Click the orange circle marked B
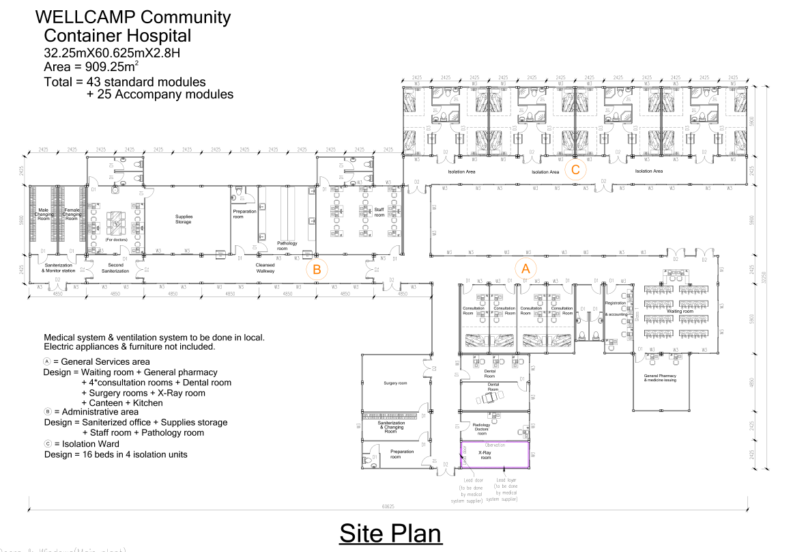pos(317,269)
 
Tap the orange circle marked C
pos(575,169)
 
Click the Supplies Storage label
pos(184,219)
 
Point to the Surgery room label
pos(395,383)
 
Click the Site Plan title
pos(390,533)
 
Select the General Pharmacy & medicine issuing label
pos(660,378)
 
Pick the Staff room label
pos(379,212)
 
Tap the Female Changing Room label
pos(72,215)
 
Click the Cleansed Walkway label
pos(265,268)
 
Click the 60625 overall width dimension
pos(390,507)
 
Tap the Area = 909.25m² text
pos(91,66)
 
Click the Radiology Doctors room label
pos(481,429)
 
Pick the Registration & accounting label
pos(616,309)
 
